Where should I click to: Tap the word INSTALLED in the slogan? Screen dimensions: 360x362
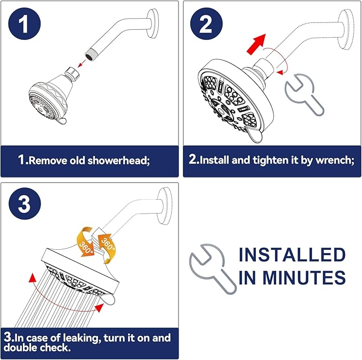click(292, 255)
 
